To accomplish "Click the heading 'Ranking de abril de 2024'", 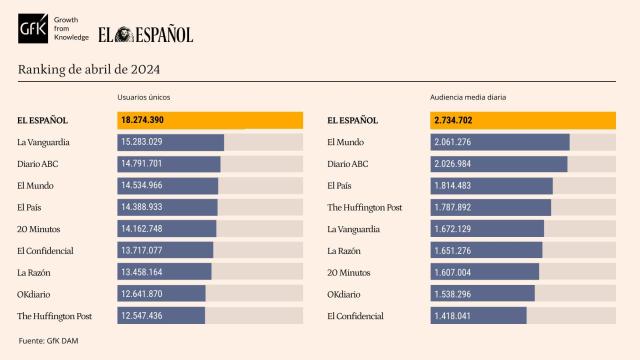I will tap(89, 69).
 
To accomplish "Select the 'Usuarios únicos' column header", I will tap(144, 98).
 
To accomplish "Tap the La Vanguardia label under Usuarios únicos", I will tap(44, 142).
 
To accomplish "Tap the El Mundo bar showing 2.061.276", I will tap(500, 142).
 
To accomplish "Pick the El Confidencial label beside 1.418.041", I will tap(355, 316).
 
